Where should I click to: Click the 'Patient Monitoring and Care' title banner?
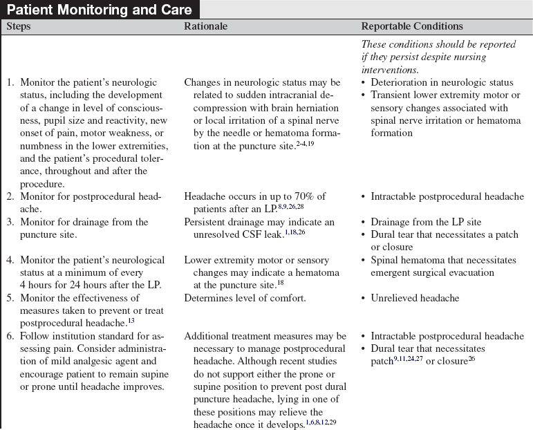99,10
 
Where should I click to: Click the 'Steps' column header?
19,27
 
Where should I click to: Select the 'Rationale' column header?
205,27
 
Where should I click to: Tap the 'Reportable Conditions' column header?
412,27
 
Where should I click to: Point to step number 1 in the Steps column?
10,83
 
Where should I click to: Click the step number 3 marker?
10,222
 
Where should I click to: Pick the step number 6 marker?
10,336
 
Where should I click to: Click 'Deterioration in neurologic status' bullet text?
442,83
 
